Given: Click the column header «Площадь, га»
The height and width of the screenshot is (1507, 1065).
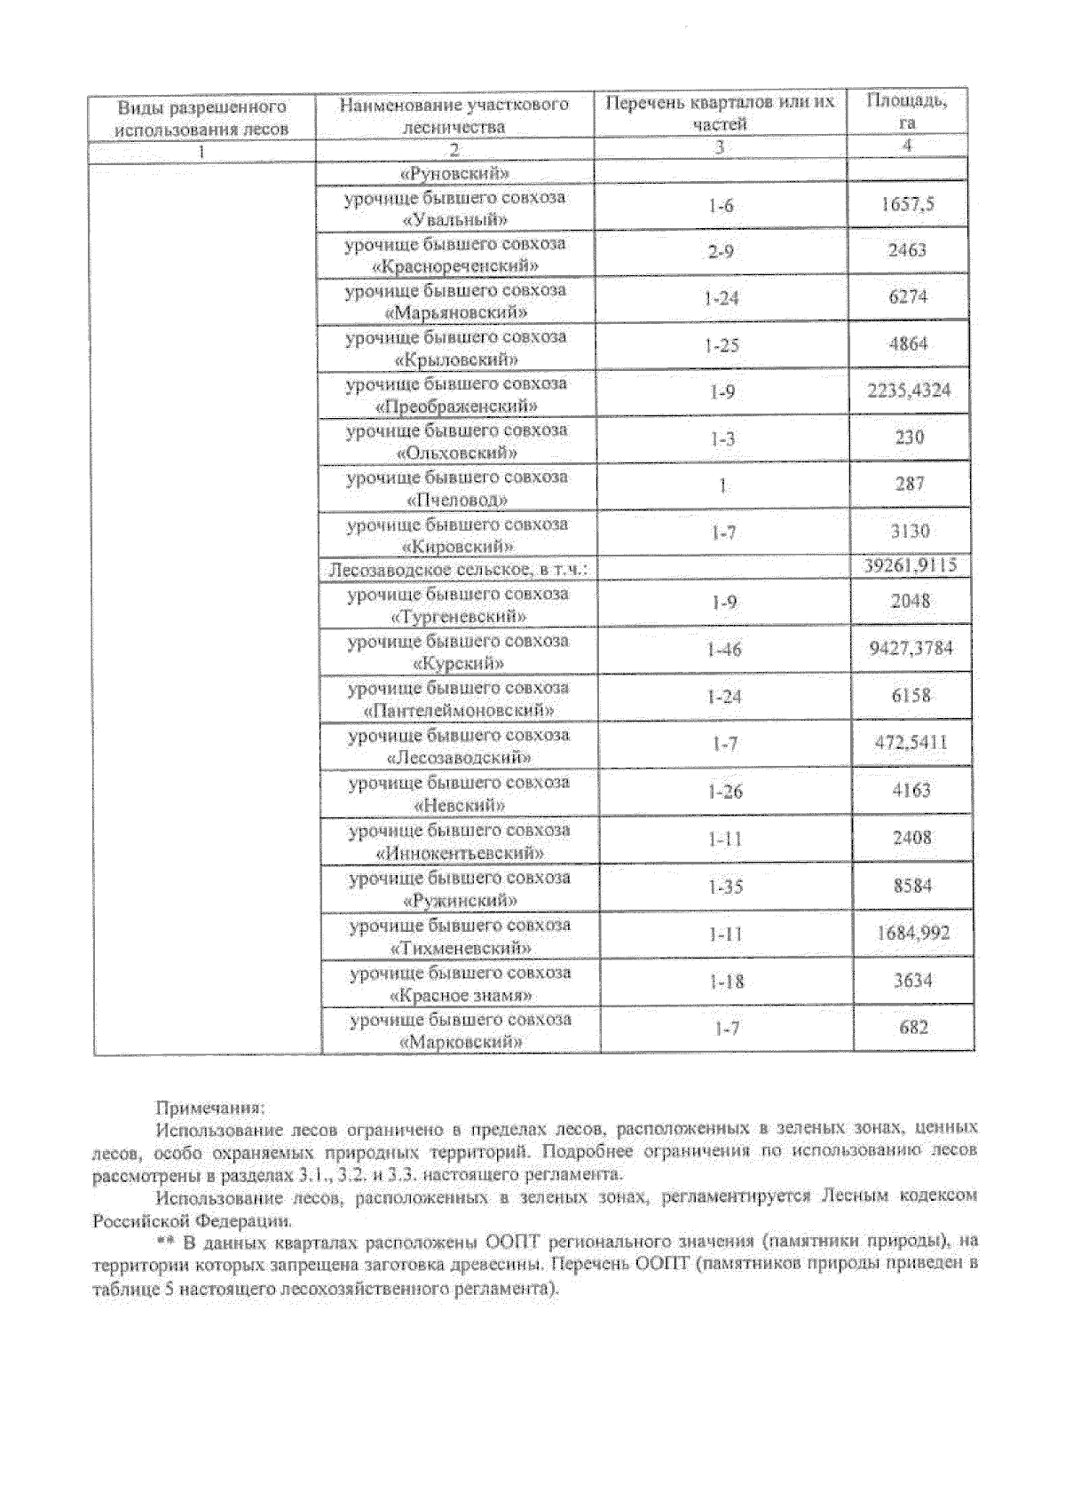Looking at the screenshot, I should point(906,112).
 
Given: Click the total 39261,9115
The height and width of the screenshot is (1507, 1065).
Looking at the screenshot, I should point(910,566).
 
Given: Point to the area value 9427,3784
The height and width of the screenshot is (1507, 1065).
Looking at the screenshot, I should point(911,648).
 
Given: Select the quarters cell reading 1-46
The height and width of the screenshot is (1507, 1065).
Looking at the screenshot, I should point(723,650).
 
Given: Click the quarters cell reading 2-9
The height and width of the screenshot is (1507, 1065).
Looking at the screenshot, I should point(721,252).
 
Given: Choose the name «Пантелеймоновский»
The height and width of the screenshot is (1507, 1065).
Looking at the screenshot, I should point(460,711).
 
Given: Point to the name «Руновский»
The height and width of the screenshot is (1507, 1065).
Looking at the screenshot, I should point(454,173).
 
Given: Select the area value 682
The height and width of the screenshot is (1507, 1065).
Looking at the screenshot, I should point(913,1028).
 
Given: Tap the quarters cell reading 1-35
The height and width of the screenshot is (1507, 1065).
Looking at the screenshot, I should point(726,887).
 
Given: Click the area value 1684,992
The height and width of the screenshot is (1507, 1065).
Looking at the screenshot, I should point(913,933).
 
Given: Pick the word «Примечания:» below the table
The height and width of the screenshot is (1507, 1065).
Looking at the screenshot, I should point(209,1108).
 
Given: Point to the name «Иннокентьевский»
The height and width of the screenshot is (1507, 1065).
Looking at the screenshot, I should point(460,854).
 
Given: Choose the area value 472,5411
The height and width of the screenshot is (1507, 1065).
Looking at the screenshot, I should point(911,742).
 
